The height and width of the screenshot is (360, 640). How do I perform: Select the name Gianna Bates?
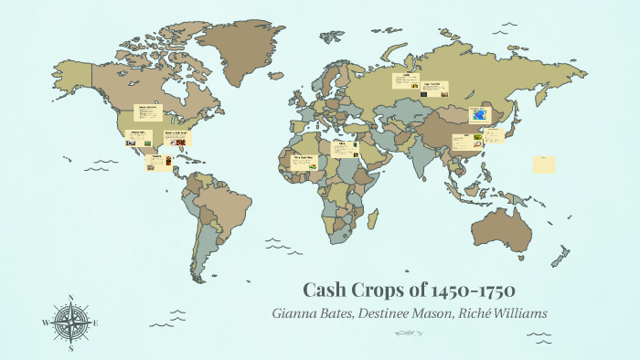tap(312, 312)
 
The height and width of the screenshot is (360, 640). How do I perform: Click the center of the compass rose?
tap(70, 322)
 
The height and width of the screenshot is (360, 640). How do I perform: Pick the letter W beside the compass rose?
tap(44, 323)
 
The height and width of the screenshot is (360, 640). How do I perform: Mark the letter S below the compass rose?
tap(70, 347)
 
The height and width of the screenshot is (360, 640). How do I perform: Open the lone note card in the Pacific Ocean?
tap(544, 164)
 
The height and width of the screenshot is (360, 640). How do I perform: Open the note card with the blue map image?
tap(480, 115)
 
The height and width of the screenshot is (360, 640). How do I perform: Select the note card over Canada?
tap(148, 113)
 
